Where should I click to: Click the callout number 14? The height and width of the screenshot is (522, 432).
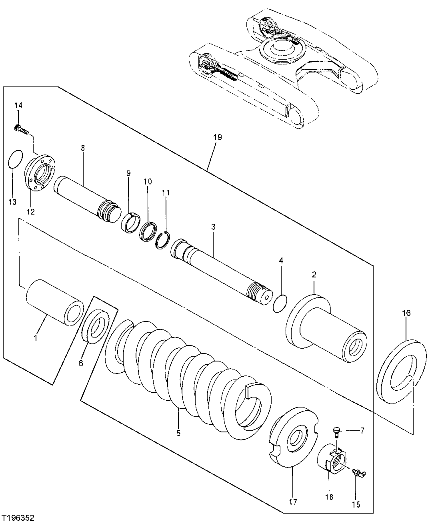pos(18,105)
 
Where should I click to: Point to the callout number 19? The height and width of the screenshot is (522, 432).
pos(217,137)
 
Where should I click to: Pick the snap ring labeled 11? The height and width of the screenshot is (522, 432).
pos(162,241)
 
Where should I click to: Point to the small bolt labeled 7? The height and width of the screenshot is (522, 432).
pos(337,431)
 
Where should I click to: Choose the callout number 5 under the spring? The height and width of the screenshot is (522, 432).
pos(178,433)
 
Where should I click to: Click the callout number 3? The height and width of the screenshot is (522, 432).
pos(213,227)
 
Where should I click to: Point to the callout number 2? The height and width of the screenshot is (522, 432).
pos(314,275)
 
